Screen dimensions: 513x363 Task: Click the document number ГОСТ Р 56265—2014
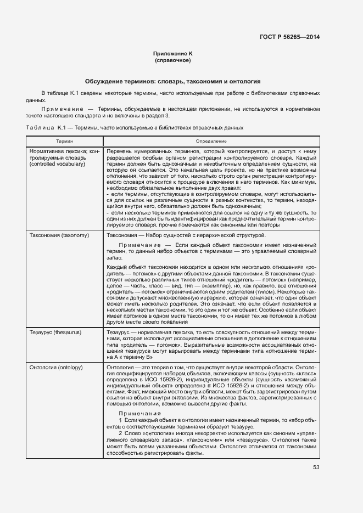coord(289,37)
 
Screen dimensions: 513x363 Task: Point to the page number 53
coord(316,467)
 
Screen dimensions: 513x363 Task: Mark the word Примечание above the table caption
coord(58,109)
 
